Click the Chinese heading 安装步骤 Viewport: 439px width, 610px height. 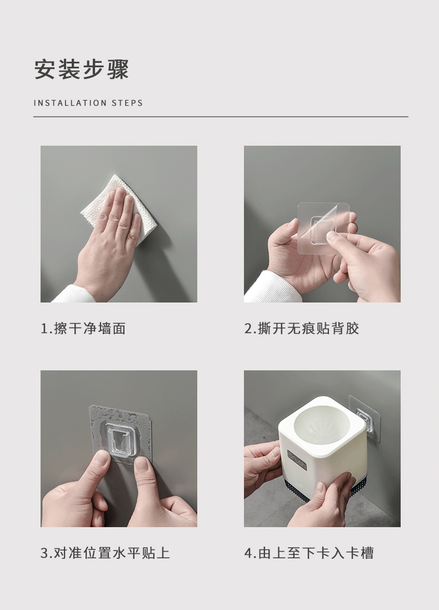pos(82,70)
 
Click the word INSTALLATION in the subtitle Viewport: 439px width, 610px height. pos(70,103)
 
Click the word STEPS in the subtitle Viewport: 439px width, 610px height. pos(127,103)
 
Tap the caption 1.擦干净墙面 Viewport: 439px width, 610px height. pos(83,329)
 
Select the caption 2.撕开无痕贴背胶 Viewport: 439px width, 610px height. pos(302,329)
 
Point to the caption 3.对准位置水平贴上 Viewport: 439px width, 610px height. pos(106,553)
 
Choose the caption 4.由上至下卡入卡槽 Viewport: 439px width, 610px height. pos(309,553)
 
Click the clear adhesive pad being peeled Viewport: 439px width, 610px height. pos(323,227)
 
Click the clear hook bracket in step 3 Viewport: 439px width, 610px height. pos(120,440)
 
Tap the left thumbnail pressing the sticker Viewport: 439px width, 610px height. pos(102,458)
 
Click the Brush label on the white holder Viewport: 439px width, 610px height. pos(297,460)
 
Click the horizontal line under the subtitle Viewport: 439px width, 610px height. pos(221,116)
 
